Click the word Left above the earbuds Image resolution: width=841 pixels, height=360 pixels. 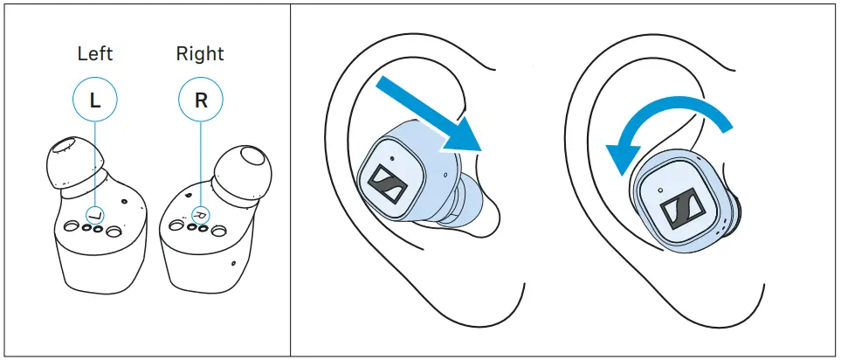95,53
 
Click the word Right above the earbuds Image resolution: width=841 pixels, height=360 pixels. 200,53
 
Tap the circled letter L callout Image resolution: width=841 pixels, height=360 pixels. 95,100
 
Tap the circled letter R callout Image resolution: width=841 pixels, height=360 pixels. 201,100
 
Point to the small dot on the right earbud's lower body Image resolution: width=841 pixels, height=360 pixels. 233,260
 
